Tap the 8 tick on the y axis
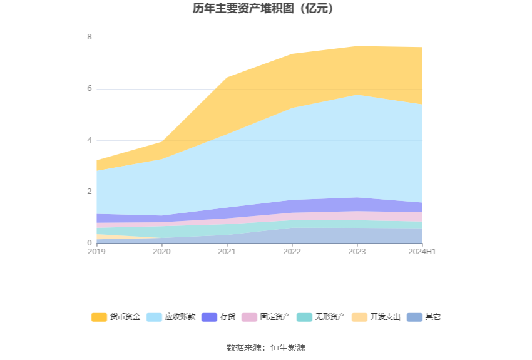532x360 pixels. [x=90, y=38]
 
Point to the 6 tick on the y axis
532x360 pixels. [x=90, y=89]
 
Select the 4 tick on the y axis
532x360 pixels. [x=90, y=140]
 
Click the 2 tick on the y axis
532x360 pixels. [x=90, y=192]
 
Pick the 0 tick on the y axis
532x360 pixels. [x=90, y=243]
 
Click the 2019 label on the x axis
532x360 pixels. [x=96, y=252]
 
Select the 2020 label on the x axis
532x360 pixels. [x=161, y=252]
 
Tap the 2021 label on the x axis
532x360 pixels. [x=227, y=252]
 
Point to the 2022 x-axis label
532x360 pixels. [x=292, y=252]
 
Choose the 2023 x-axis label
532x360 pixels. [x=357, y=252]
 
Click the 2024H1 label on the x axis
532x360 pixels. [x=422, y=252]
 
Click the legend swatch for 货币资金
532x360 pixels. [x=99, y=317]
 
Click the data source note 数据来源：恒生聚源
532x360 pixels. [x=265, y=347]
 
